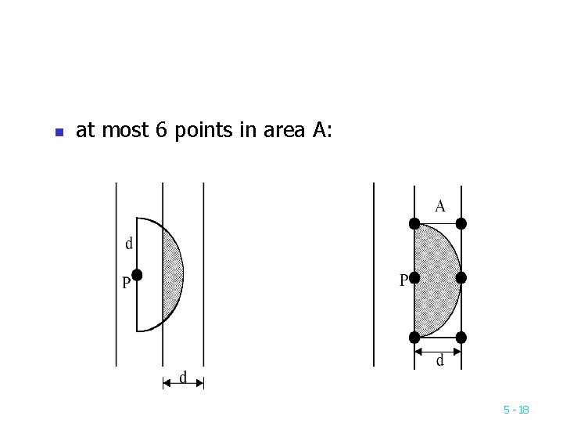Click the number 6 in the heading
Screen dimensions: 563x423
[161, 131]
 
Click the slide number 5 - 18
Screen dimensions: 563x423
[516, 410]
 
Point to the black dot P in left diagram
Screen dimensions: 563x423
[137, 274]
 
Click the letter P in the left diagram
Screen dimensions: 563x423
[125, 284]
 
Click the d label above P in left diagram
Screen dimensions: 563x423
[129, 244]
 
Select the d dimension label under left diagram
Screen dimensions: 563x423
[183, 378]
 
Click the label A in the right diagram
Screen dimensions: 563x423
[440, 206]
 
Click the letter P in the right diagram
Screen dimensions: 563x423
[403, 280]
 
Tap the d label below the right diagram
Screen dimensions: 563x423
[439, 360]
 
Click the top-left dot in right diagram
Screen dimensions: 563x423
[414, 223]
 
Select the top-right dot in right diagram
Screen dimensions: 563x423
[461, 223]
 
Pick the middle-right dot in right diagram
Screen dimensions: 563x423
[461, 278]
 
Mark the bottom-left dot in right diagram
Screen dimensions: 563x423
[414, 338]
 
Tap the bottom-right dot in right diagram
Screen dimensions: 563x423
[461, 338]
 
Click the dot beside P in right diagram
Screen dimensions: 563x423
[414, 278]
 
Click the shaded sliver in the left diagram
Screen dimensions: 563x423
[173, 274]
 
